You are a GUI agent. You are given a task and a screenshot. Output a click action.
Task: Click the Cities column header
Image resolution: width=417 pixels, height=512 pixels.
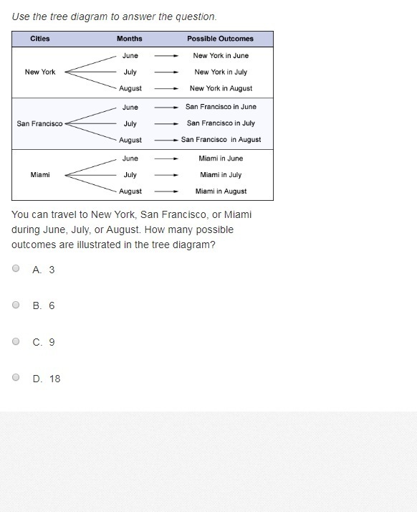pos(40,39)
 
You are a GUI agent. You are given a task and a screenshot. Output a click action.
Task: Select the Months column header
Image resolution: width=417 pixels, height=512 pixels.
pos(130,39)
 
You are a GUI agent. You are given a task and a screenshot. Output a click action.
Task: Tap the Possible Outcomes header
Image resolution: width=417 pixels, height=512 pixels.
pos(220,39)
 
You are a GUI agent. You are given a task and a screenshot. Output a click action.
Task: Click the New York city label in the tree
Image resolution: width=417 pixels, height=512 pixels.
pos(40,72)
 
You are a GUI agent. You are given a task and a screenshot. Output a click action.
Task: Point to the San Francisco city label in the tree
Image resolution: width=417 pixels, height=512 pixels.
pos(39,123)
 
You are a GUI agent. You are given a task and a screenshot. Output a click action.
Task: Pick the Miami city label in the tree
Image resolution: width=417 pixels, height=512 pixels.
pos(40,175)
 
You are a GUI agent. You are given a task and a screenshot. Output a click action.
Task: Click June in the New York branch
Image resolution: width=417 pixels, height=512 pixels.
pos(130,55)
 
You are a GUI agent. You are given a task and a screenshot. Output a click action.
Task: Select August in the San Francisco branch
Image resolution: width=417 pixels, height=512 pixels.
pos(130,140)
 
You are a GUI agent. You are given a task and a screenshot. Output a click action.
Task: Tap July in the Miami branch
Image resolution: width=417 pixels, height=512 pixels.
pos(130,175)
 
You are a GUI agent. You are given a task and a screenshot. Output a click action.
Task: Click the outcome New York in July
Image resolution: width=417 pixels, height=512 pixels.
pos(221,72)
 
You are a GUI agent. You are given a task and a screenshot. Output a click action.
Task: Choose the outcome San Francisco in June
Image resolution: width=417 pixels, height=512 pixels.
pos(221,107)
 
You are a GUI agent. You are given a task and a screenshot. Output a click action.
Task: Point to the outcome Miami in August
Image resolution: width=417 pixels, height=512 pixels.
pos(221,191)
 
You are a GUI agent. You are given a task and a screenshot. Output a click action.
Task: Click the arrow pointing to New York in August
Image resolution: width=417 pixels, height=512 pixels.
pos(166,88)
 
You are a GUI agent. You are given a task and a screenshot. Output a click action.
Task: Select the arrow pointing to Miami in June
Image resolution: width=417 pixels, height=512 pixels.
pos(166,158)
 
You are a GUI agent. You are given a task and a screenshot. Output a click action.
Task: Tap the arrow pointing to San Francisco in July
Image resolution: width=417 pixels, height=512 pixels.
pos(166,124)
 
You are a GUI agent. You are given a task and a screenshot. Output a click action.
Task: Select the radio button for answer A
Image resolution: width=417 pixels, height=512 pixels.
pos(16,268)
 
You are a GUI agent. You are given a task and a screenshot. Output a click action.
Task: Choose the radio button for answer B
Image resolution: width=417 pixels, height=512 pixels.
pos(16,305)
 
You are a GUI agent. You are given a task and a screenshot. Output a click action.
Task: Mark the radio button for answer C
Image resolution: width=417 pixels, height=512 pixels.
pos(16,341)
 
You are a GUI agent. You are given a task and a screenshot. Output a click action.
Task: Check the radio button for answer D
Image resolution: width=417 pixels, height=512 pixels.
pos(16,377)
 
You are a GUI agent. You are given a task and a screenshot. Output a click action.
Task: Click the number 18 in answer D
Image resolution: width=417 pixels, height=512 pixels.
pos(55,379)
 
